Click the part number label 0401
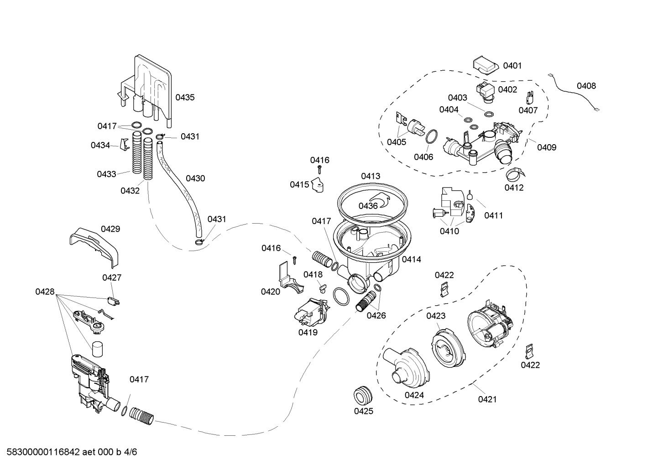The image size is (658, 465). click(512, 66)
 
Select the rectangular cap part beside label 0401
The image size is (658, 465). click(485, 64)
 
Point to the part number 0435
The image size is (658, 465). click(185, 97)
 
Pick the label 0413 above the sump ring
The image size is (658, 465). click(370, 176)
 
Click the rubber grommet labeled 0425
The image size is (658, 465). click(363, 394)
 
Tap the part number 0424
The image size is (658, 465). click(414, 395)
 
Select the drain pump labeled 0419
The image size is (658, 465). click(311, 313)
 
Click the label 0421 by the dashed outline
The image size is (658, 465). click(487, 399)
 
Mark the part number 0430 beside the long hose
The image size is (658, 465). click(195, 178)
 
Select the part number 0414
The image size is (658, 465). click(411, 259)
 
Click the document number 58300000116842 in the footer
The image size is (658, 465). click(41, 452)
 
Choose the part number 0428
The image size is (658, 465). click(45, 292)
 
